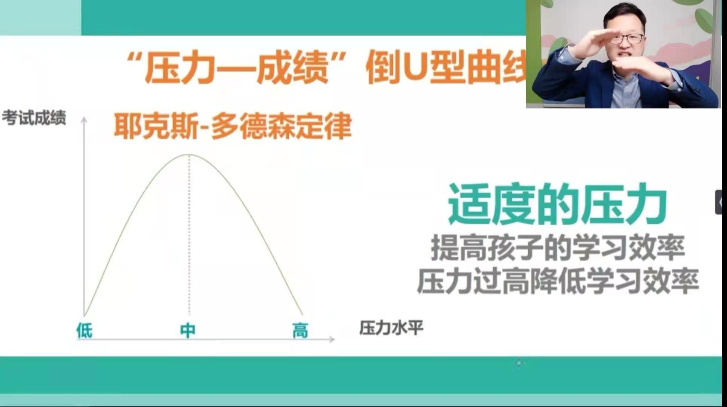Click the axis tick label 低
pos(84,331)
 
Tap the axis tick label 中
pos(188,330)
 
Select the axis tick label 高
pos(300,331)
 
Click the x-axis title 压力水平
pos(391,328)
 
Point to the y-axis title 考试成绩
pos(34,118)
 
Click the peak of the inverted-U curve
pos(189,155)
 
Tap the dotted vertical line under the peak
pos(189,235)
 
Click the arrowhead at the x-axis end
pos(332,340)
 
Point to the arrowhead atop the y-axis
pos(84,119)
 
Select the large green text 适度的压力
pos(557,204)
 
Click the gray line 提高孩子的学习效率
pos(558,248)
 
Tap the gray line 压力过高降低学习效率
pos(558,281)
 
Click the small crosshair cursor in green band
pos(519,363)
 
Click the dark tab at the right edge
pos(721,202)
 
